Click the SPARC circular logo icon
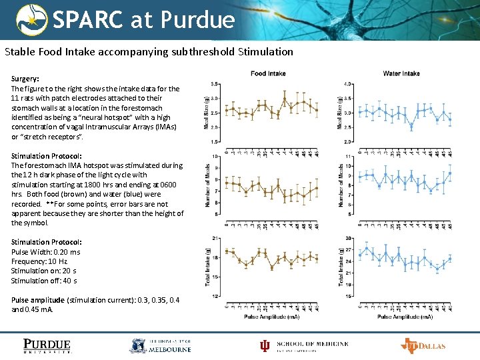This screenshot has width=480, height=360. click(x=32, y=20)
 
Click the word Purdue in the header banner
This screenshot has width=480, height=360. click(x=198, y=20)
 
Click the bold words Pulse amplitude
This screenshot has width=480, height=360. click(x=39, y=300)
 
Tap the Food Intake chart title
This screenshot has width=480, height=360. click(x=268, y=73)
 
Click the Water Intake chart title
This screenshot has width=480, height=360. click(x=401, y=73)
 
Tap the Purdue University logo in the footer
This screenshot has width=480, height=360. click(x=47, y=345)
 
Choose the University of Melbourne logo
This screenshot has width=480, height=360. click(x=160, y=345)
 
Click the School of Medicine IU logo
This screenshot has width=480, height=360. click(x=304, y=345)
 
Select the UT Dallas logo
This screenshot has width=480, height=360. click(x=423, y=345)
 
